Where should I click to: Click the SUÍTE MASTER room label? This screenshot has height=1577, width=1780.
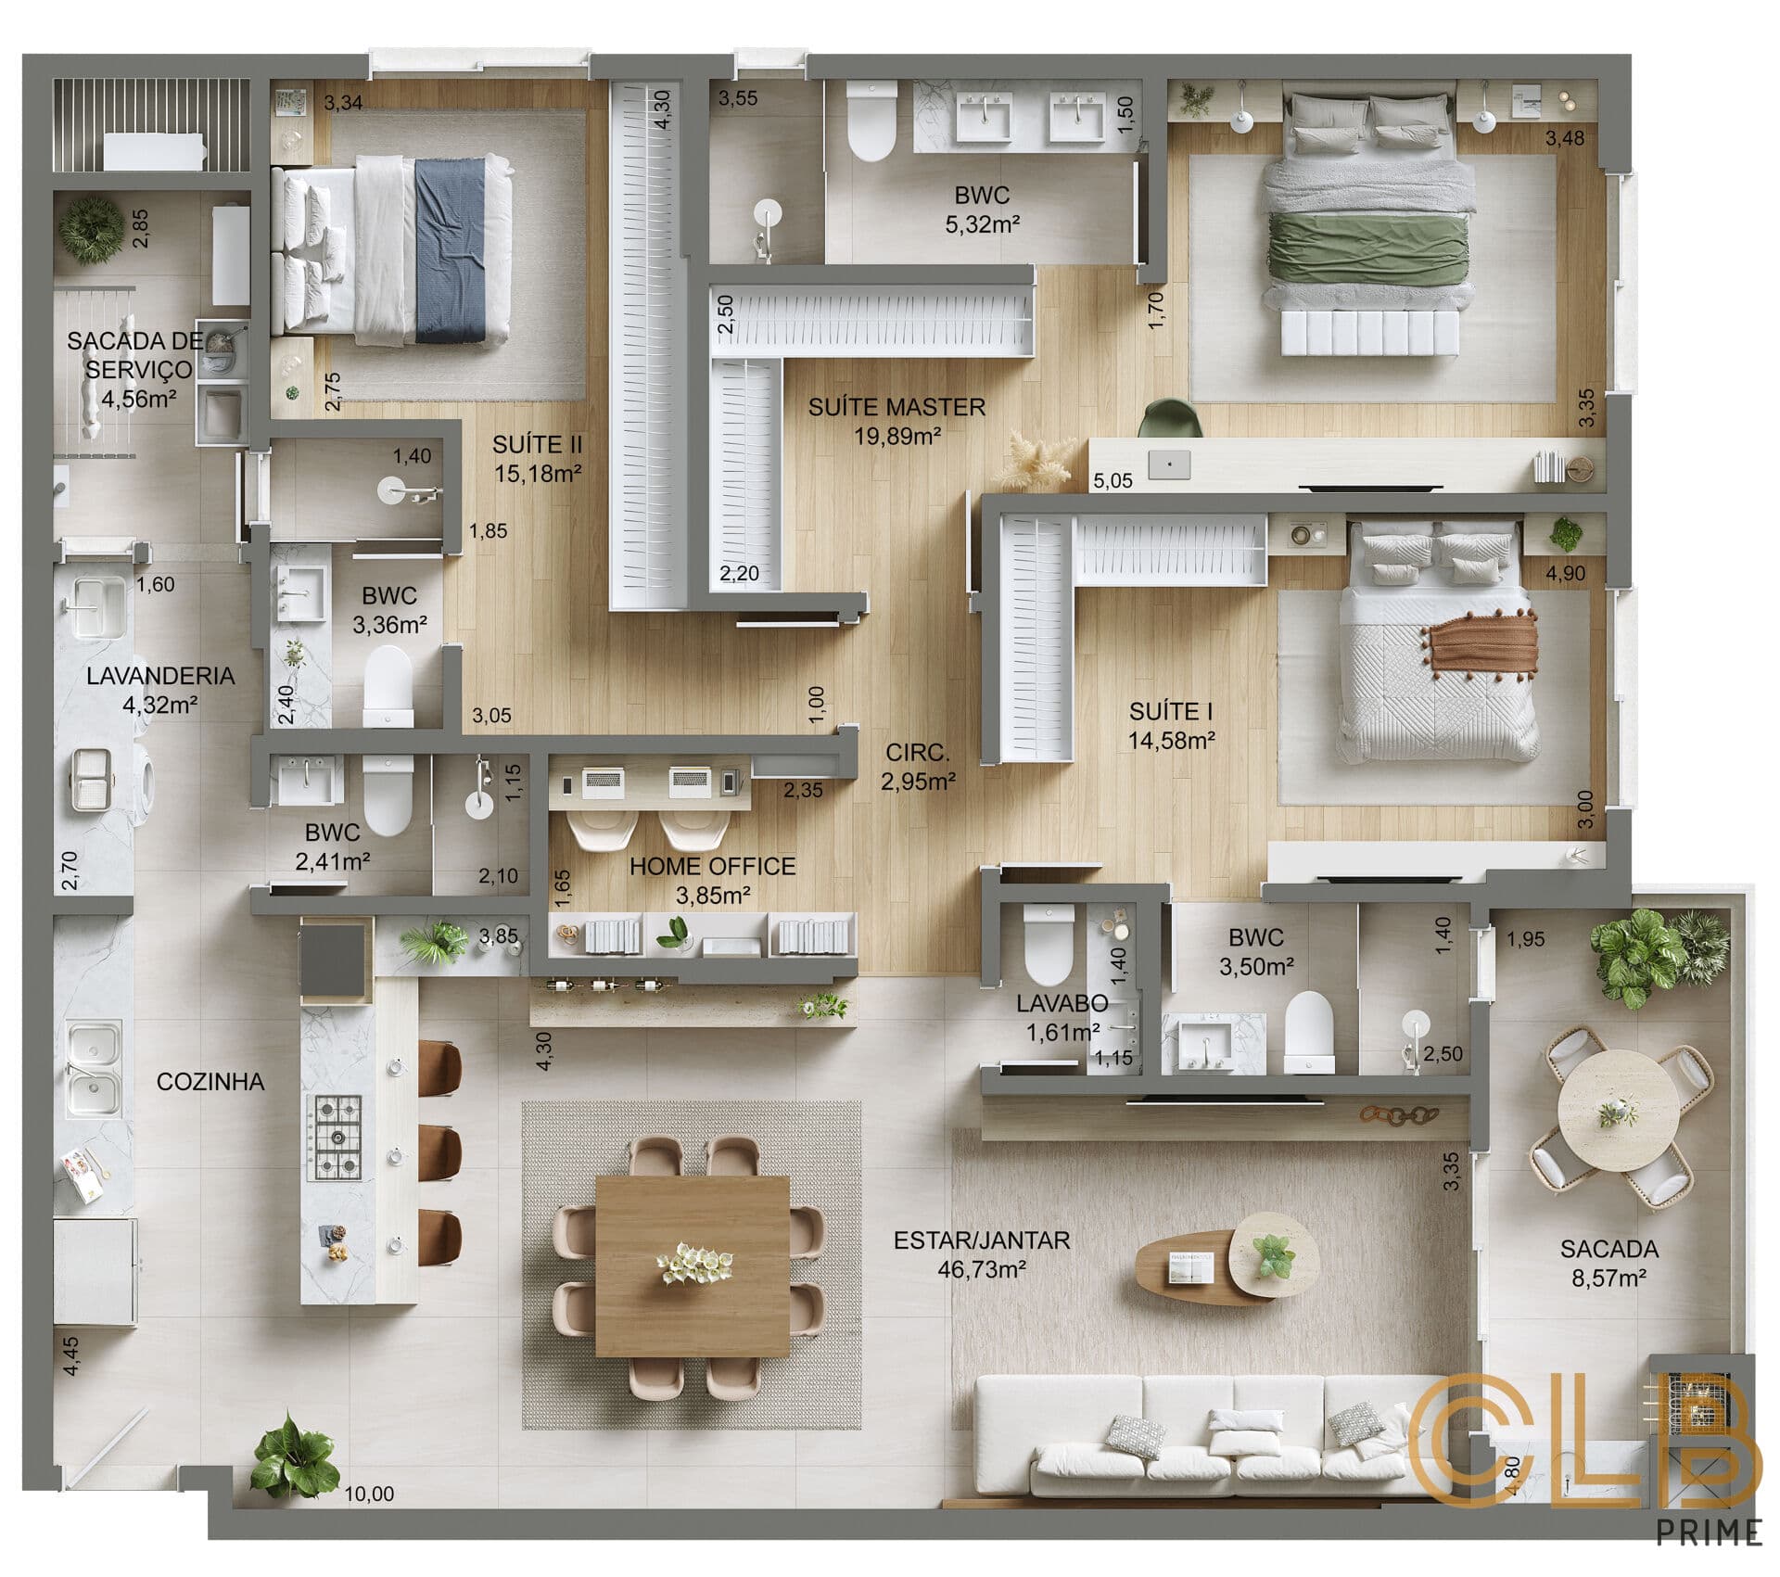[896, 407]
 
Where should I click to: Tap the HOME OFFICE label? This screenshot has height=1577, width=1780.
[712, 867]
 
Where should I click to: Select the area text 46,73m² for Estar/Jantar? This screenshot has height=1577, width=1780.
[981, 1269]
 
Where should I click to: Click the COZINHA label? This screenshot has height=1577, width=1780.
[210, 1082]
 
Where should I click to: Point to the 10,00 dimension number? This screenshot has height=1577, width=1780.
[369, 1494]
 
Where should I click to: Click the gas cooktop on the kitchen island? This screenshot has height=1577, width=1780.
[337, 1137]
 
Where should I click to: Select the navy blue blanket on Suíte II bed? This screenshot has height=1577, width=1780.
[451, 250]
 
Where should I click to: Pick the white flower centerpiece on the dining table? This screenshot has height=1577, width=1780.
[695, 1264]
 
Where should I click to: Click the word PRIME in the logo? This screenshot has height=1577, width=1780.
[1709, 1532]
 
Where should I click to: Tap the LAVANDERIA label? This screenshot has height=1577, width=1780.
[160, 676]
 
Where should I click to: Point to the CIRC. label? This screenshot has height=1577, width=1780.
[917, 753]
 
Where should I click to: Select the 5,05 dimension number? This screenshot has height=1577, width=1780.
[1112, 480]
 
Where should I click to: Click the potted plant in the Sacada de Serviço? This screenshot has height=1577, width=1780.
[91, 229]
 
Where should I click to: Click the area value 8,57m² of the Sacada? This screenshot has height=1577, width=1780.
[1608, 1278]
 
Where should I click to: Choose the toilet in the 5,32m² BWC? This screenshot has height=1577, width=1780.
[871, 121]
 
